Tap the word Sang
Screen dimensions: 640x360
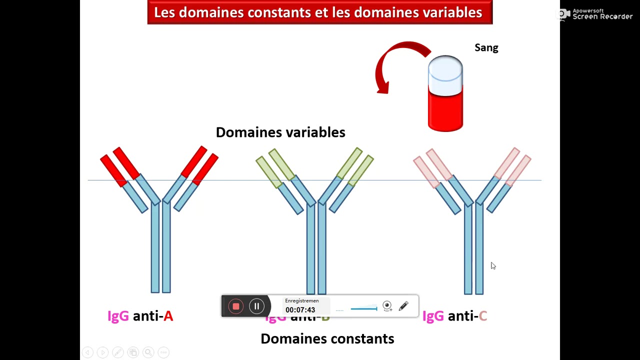click(x=486, y=48)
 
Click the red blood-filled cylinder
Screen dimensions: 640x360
click(x=445, y=110)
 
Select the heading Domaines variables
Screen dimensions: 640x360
click(x=280, y=132)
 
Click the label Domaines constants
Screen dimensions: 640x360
click(x=327, y=339)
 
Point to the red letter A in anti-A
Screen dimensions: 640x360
click(x=168, y=316)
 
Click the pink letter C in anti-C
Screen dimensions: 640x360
click(x=482, y=316)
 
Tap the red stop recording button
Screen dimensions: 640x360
click(x=236, y=306)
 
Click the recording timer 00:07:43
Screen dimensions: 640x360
click(x=300, y=310)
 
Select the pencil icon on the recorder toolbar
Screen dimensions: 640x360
click(x=403, y=306)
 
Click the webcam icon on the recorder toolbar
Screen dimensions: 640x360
click(x=387, y=306)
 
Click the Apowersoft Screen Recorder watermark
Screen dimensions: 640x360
click(x=596, y=14)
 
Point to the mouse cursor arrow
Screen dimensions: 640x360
click(x=492, y=265)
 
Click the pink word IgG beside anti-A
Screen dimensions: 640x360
click(x=118, y=316)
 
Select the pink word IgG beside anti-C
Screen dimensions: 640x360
click(x=433, y=316)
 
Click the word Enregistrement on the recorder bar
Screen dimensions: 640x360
click(x=301, y=301)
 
